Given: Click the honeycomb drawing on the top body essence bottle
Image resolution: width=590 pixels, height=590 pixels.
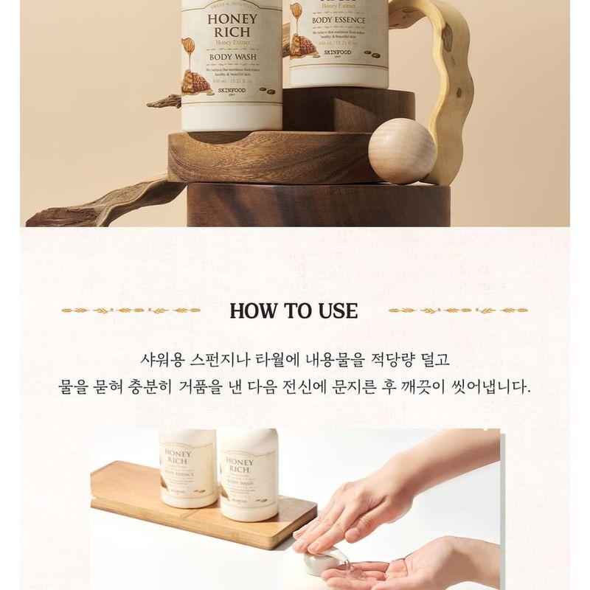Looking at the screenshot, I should click(x=302, y=45).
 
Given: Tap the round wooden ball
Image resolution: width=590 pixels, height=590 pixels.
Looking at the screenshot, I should click(x=402, y=151).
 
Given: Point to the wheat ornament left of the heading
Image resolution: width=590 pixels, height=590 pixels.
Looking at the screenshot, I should click(x=131, y=310).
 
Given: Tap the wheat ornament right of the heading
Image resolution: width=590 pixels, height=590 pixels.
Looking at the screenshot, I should click(x=458, y=310).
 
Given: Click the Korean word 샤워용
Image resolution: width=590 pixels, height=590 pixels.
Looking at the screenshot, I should click(x=162, y=361).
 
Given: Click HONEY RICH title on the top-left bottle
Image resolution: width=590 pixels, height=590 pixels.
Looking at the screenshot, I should click(x=232, y=25).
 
